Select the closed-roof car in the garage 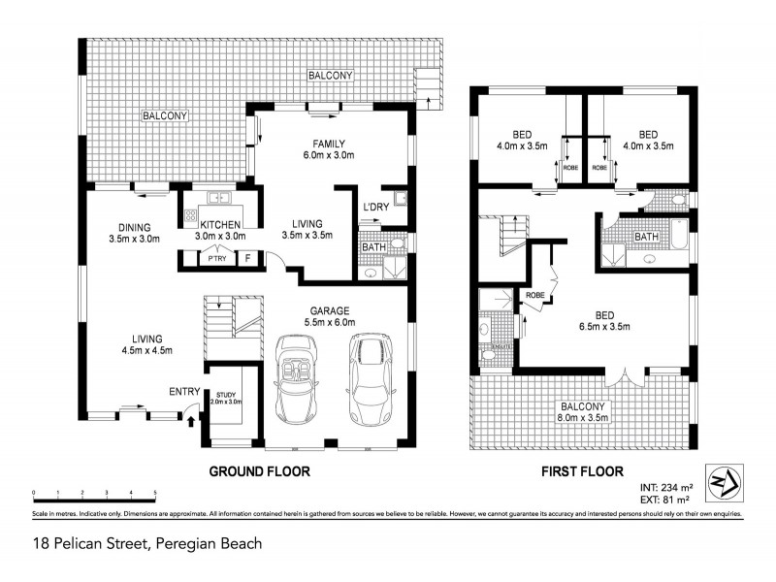[369, 380]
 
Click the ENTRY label [184, 391]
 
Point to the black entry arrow [190, 421]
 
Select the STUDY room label [227, 398]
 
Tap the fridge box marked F [247, 258]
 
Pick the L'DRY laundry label [375, 208]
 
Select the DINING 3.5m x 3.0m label [134, 232]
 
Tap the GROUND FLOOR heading [260, 472]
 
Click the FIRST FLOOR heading [579, 472]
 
